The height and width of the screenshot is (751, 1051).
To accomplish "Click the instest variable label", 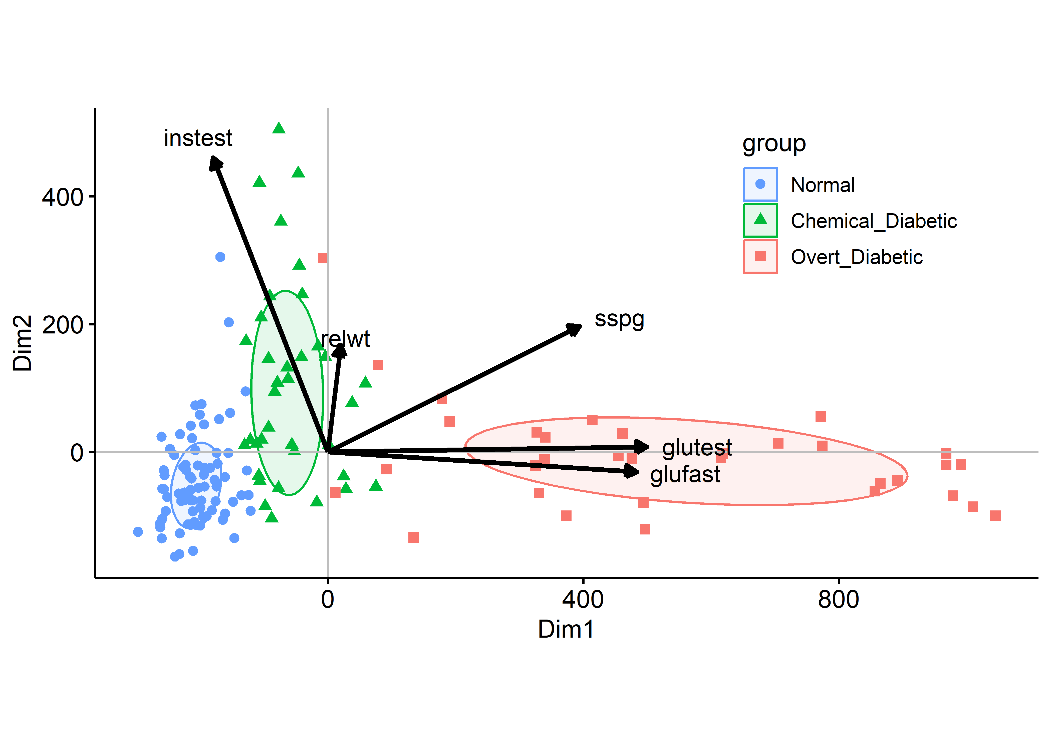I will pos(198,138).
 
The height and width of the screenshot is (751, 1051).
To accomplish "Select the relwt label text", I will pos(346,339).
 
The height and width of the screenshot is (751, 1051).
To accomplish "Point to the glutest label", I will pos(696,448).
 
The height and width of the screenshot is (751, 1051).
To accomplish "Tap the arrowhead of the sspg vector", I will pos(575,328).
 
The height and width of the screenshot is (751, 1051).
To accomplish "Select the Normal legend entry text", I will pos(822,185).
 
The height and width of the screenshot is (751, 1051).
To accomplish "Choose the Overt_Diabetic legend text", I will pos(856,257).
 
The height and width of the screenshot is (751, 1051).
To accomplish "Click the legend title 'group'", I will pos(774,144).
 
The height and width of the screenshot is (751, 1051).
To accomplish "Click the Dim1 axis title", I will pos(566,629).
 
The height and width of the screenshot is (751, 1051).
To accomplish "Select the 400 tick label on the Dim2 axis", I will pos(62,198).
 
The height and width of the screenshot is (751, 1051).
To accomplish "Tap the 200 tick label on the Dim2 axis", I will pos(62,325).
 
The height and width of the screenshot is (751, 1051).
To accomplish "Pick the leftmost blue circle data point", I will pos(138,532).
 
